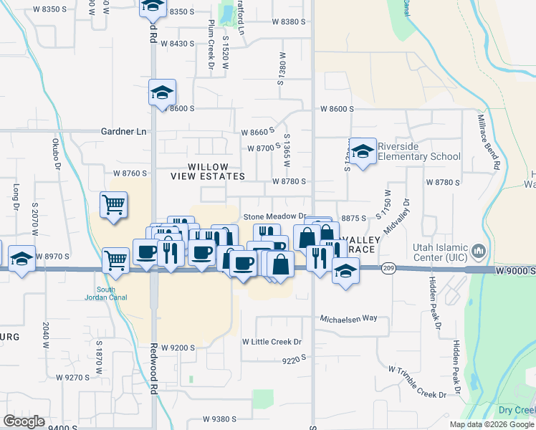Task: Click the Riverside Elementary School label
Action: tap(418, 151)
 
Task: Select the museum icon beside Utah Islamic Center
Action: tap(479, 252)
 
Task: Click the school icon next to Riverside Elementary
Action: tap(363, 151)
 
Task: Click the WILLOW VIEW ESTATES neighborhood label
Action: tap(207, 171)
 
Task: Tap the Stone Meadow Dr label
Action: tap(274, 216)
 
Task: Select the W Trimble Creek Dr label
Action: tap(417, 381)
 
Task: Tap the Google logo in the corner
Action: tap(24, 421)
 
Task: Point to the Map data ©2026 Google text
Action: tap(492, 424)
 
